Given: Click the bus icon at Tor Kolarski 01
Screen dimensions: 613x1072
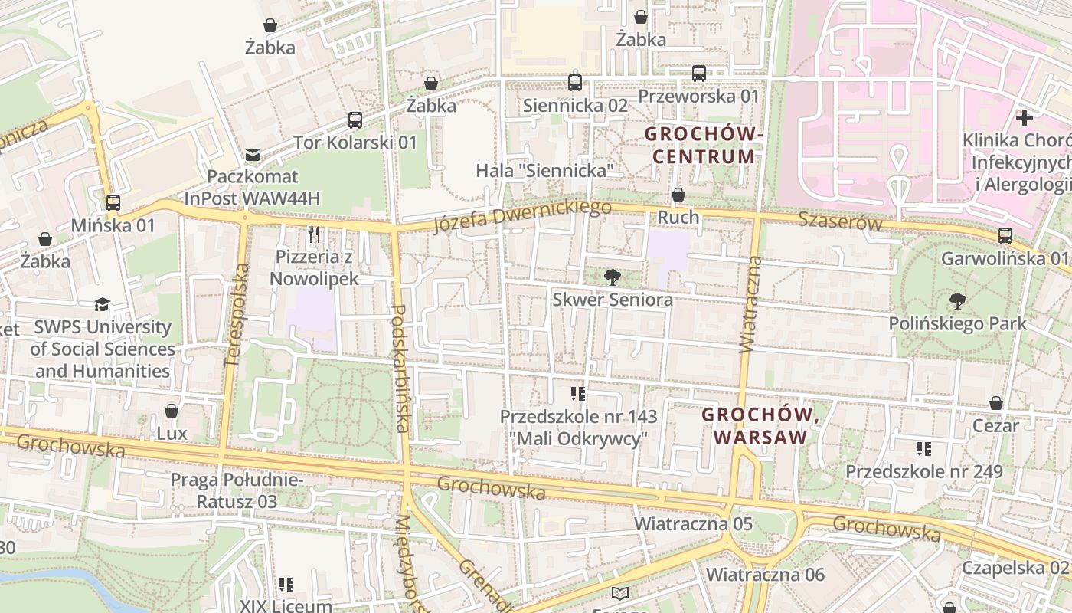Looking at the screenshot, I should pyautogui.click(x=355, y=120).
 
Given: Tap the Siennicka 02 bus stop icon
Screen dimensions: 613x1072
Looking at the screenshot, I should pyautogui.click(x=575, y=83).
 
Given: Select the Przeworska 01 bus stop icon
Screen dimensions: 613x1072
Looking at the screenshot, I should pyautogui.click(x=698, y=74).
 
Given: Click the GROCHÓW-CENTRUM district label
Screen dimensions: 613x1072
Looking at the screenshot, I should pyautogui.click(x=703, y=146).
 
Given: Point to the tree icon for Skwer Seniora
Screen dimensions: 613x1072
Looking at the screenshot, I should pyautogui.click(x=612, y=277).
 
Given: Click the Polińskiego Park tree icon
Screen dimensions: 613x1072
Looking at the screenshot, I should pyautogui.click(x=957, y=301).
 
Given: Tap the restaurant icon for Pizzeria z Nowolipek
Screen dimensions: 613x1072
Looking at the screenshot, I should pyautogui.click(x=313, y=234).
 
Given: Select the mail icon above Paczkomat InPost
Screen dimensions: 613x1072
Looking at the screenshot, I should pyautogui.click(x=252, y=156).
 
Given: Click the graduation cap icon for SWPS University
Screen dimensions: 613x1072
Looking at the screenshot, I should pyautogui.click(x=103, y=305).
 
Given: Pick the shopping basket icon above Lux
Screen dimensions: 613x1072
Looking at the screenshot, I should pyautogui.click(x=172, y=411).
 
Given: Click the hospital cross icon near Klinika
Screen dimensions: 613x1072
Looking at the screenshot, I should pyautogui.click(x=1024, y=118).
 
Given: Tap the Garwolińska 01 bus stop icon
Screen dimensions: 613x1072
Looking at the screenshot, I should pyautogui.click(x=1005, y=236).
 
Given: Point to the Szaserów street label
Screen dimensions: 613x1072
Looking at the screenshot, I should pyautogui.click(x=840, y=221).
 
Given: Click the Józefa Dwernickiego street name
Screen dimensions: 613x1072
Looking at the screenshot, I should pyautogui.click(x=522, y=216).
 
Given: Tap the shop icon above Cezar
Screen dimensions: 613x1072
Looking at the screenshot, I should pyautogui.click(x=995, y=403).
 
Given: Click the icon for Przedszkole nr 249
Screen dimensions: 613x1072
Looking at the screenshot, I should pyautogui.click(x=923, y=449).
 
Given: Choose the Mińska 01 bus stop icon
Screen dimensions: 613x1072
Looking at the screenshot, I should pyautogui.click(x=113, y=203).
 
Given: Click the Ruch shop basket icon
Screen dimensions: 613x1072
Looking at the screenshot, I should pyautogui.click(x=678, y=195).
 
